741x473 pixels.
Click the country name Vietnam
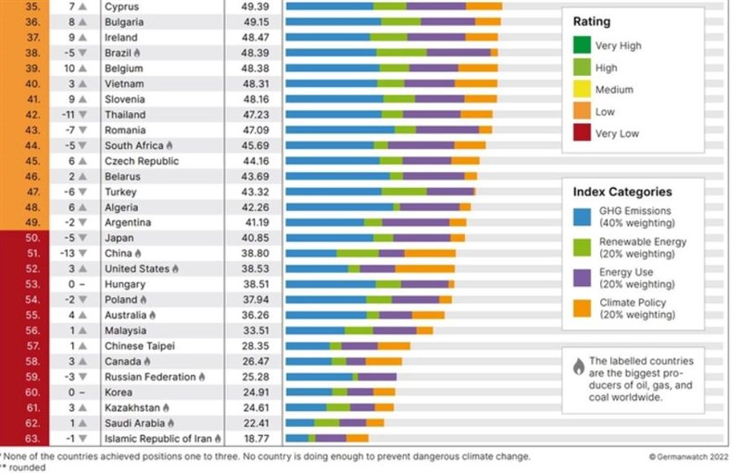pos(124,83)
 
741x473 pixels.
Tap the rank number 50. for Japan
pos(31,238)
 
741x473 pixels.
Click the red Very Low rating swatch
pos(582,133)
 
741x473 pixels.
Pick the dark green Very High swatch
pos(582,44)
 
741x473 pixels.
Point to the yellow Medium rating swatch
pos(582,89)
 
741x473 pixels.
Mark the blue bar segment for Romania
pos(339,130)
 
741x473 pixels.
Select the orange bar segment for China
pos(430,253)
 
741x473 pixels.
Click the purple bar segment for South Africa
pos(421,145)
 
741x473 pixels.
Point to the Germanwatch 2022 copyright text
pos(687,456)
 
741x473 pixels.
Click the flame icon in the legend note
pos(579,365)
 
